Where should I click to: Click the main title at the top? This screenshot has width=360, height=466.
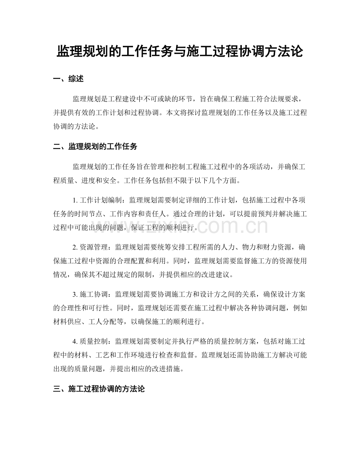[180, 51]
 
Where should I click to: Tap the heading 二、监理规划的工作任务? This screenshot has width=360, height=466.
[95, 147]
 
